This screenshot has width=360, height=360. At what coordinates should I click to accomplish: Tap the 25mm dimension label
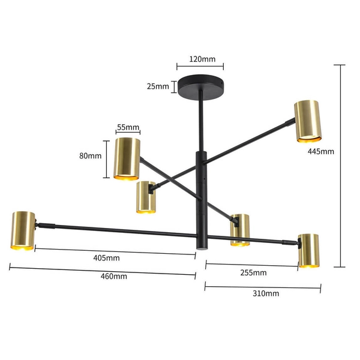tap(158, 86)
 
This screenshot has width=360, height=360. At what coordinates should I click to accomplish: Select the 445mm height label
tap(320, 151)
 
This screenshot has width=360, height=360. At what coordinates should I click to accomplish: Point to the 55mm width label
tap(128, 127)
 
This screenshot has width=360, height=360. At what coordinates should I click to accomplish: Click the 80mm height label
tap(90, 156)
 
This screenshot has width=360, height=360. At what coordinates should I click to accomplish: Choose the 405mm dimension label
tap(107, 258)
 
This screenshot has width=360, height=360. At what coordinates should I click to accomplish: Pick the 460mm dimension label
tap(114, 277)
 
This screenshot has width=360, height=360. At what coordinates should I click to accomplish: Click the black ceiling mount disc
tap(199, 86)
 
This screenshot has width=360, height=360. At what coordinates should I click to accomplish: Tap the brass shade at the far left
tap(22, 230)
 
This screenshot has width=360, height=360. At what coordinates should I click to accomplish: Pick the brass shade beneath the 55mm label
tap(127, 158)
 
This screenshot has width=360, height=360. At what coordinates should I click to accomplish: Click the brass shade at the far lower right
tap(309, 250)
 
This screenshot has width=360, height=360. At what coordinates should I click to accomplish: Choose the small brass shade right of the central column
tap(240, 229)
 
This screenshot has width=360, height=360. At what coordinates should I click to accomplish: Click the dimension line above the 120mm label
tap(200, 67)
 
